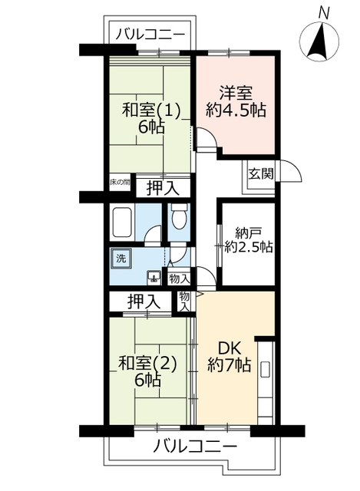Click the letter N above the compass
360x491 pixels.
pyautogui.click(x=324, y=13)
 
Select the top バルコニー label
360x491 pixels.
pyautogui.click(x=150, y=35)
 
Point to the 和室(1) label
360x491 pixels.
pyautogui.click(x=152, y=110)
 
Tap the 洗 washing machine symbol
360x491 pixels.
pyautogui.click(x=121, y=259)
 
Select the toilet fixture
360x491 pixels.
pyautogui.click(x=179, y=219)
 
